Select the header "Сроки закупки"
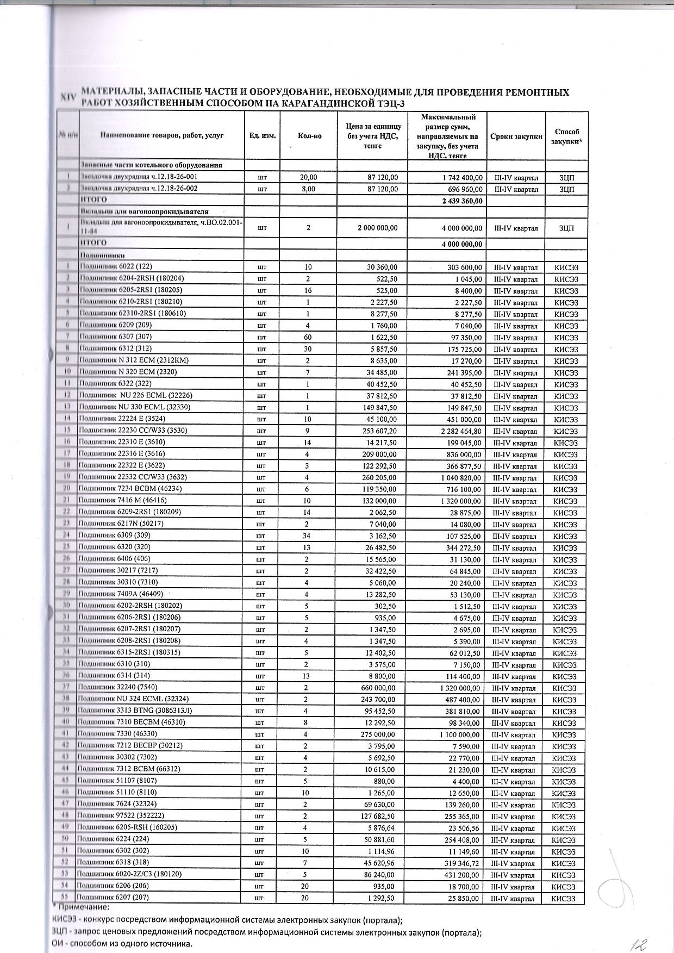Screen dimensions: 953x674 516,136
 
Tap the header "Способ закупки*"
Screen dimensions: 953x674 566,136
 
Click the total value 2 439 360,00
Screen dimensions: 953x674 462,201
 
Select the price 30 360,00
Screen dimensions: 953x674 381,267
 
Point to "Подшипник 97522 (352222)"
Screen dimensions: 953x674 120,815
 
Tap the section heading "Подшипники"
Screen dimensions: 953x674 103,255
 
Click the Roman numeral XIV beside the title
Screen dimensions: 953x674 67,98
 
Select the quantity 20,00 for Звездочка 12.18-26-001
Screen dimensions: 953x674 309,178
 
